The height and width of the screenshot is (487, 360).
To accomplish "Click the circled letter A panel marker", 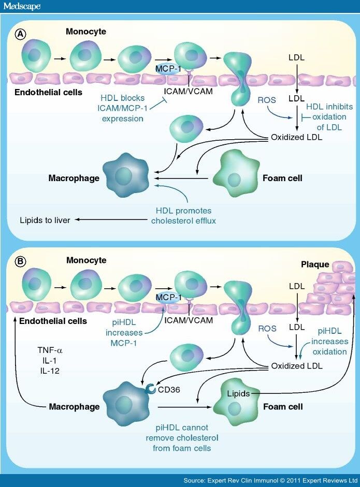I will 20,34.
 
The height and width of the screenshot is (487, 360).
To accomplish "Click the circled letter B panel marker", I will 20,262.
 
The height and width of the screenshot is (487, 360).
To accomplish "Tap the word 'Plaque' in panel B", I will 315,264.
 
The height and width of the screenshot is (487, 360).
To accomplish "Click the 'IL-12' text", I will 46,370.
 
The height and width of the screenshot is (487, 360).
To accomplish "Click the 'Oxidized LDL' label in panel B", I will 297,366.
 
